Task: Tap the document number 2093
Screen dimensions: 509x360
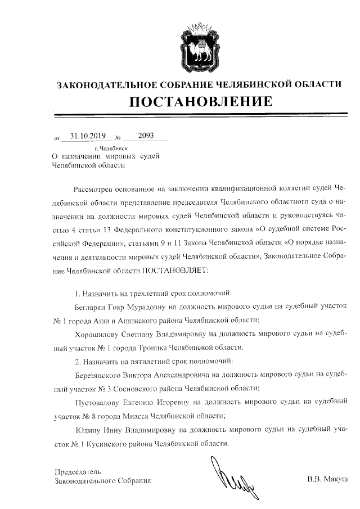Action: coord(138,136)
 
